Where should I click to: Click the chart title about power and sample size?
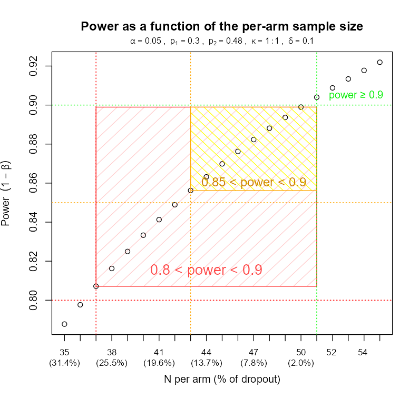pos(222,26)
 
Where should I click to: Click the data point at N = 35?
pos(64,324)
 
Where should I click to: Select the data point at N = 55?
pos(379,62)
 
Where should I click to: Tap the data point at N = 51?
pos(317,97)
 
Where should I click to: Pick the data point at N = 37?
pos(96,286)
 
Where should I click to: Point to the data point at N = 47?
pos(254,139)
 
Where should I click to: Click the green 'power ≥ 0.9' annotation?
pos(356,95)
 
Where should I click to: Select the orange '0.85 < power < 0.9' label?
pos(254,183)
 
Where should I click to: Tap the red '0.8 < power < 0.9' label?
pos(206,270)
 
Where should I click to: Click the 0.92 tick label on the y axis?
pos(34,66)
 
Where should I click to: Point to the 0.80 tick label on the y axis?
pos(34,300)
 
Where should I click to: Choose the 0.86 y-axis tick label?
pos(34,183)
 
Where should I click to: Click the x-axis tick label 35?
pos(64,351)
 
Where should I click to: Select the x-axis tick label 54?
pos(364,351)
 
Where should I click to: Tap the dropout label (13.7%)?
pos(206,363)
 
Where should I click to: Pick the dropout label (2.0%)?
pos(301,363)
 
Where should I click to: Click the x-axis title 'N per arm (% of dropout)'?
pos(221,380)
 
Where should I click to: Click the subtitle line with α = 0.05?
pos(222,41)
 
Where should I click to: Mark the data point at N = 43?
pos(190,191)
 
